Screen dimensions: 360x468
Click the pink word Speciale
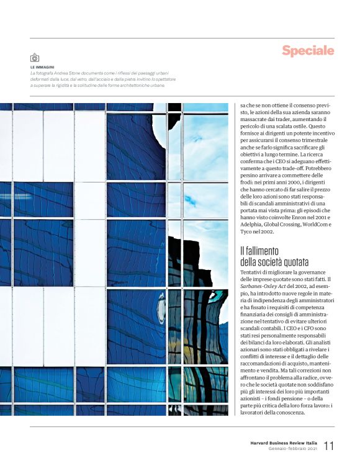click(x=308, y=50)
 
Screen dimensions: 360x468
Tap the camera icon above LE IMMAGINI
click(x=35, y=58)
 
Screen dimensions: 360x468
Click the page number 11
click(x=328, y=445)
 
